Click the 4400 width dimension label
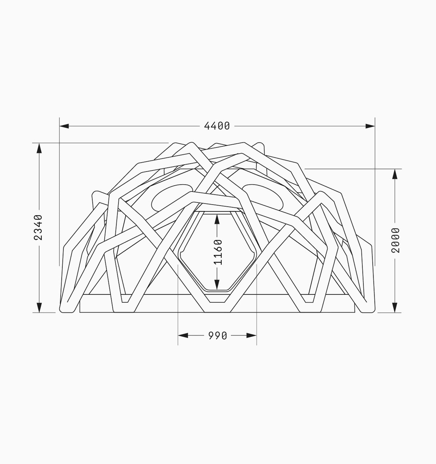(217, 126)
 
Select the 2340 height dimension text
(38, 227)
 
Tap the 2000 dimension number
(395, 241)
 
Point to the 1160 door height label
(218, 252)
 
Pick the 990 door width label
(217, 336)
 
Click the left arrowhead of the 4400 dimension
(64, 126)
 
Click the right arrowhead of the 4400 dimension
(370, 126)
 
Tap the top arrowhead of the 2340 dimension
(39, 148)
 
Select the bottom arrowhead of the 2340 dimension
(39, 307)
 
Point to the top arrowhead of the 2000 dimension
(395, 174)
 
